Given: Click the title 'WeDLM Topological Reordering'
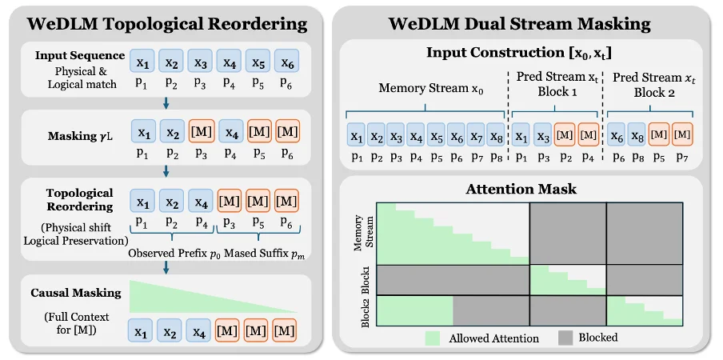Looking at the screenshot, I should (166, 23).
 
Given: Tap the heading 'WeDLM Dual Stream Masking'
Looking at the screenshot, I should (521, 23).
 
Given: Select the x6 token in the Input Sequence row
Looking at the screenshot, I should (287, 61).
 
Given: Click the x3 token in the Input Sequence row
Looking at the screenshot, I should (201, 61).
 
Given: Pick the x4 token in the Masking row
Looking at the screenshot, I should (230, 130).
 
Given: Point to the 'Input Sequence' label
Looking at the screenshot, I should (80, 55).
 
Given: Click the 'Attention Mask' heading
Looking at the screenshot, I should (521, 190).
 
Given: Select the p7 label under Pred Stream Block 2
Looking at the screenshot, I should (682, 156).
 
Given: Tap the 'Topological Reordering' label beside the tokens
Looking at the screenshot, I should (79, 199).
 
